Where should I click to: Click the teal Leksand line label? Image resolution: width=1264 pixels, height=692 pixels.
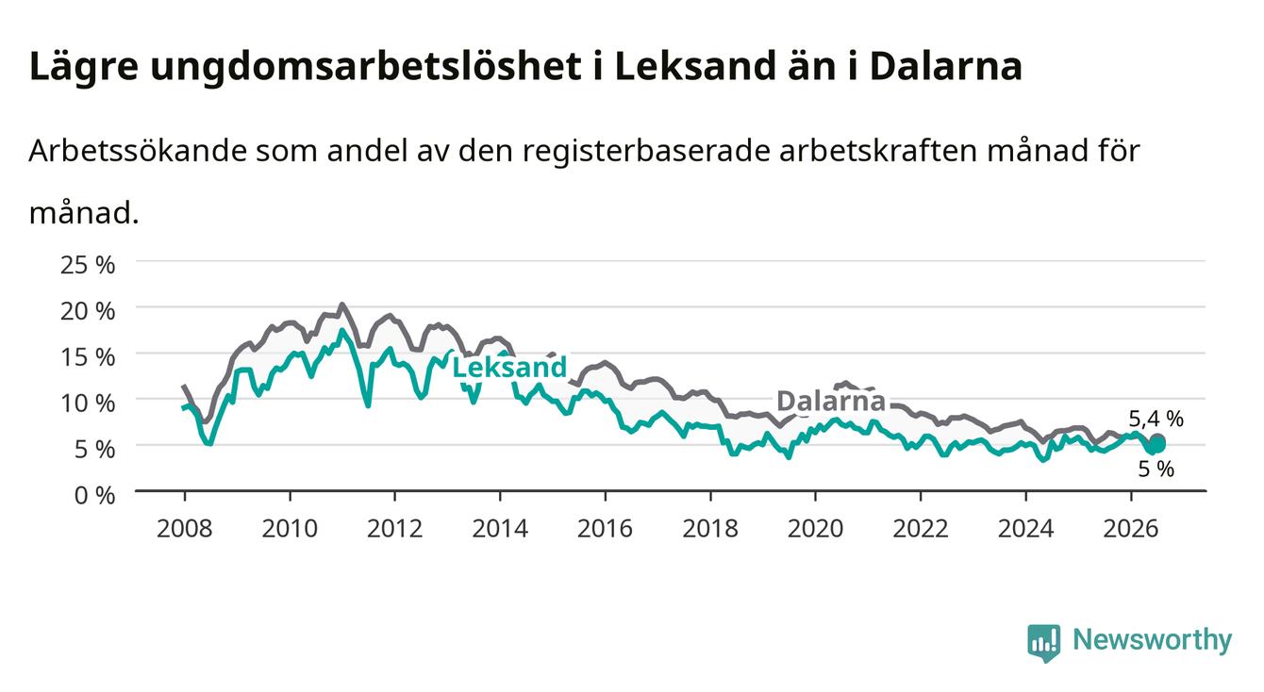(509, 368)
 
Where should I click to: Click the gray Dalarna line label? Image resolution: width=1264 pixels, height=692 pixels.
(831, 401)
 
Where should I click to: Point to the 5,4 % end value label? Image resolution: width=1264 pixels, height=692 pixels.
(1156, 419)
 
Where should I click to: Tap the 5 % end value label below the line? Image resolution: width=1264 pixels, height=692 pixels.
(1156, 469)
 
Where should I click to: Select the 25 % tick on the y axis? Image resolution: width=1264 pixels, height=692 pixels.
(88, 265)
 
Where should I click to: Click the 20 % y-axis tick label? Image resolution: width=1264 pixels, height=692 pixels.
(88, 311)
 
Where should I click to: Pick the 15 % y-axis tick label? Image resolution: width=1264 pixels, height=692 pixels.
(88, 357)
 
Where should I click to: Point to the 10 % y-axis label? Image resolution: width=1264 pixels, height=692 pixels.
(88, 404)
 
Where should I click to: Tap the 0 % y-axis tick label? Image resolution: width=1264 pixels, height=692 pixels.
(94, 495)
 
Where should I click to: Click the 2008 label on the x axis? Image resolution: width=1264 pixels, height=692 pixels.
(185, 529)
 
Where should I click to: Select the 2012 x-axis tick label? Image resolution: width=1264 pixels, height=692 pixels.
(395, 529)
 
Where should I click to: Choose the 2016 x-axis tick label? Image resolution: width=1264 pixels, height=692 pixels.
(605, 529)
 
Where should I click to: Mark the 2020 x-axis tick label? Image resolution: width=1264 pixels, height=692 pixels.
(815, 529)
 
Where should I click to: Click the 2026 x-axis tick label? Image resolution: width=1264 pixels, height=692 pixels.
(1131, 529)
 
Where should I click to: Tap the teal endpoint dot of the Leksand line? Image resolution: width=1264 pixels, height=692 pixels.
(1158, 445)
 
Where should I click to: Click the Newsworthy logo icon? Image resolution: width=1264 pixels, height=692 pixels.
(1044, 643)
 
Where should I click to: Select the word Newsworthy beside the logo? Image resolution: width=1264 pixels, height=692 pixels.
(1153, 641)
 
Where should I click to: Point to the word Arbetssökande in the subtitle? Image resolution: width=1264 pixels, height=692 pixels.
(138, 151)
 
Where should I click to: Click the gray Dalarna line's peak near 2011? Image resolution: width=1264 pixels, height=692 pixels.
(341, 305)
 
